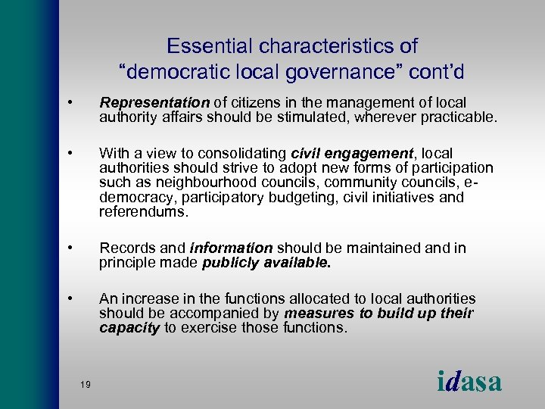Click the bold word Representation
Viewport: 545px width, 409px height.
tap(154, 102)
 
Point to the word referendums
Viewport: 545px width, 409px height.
tap(143, 212)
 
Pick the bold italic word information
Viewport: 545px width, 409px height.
tap(231, 248)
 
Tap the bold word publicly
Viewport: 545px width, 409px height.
tap(234, 263)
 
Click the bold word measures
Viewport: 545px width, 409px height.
tap(316, 314)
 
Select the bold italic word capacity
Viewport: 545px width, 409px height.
tap(129, 328)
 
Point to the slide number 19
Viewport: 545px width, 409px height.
tap(85, 386)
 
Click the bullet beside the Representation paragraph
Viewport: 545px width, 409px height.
tap(69, 102)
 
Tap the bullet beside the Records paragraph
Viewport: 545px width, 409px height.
tap(69, 248)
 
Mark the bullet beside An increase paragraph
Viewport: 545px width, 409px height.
tap(69, 298)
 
